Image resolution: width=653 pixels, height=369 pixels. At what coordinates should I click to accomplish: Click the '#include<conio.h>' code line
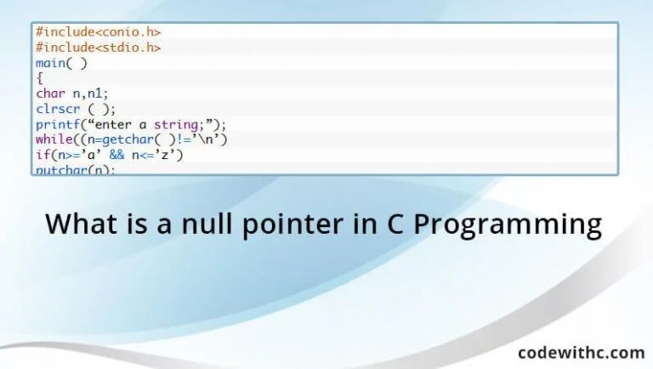tap(98, 32)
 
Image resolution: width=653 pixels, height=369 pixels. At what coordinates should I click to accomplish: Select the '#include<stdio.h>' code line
tap(98, 48)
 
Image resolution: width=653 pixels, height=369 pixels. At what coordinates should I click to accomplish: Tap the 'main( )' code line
tap(61, 63)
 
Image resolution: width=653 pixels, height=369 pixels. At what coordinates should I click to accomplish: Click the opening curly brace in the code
tap(39, 78)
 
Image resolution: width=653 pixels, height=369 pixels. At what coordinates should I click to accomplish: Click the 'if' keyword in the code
tap(42, 155)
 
